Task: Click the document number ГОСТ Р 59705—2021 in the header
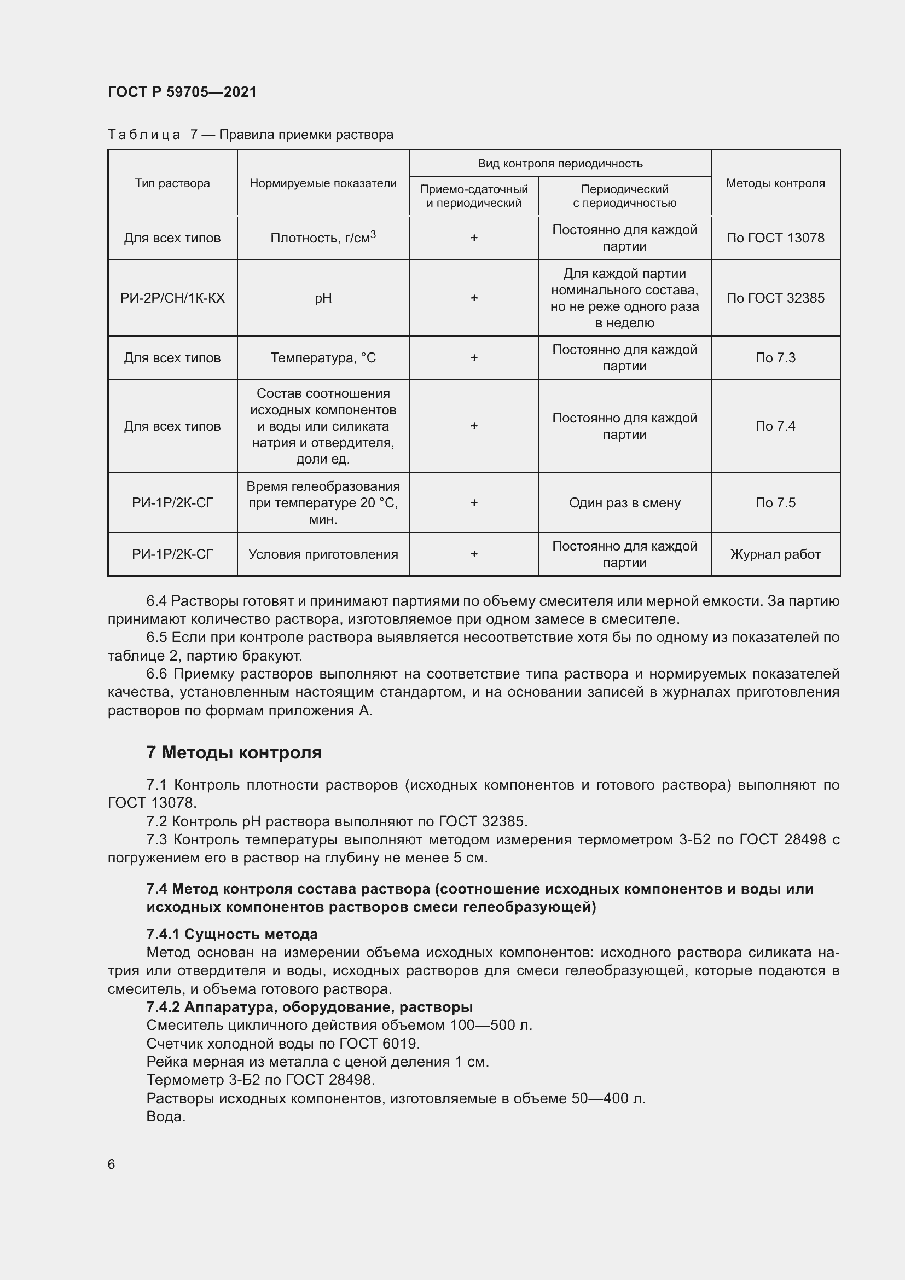pos(182,92)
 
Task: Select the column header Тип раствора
pos(172,183)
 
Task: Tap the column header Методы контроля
pos(775,183)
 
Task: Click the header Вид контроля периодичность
pos(560,163)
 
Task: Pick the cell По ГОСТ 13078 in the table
pos(775,238)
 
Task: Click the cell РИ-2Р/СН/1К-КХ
pos(172,298)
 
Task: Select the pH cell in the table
pos(323,298)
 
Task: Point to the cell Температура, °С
pos(323,358)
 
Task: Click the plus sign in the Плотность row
pos(474,238)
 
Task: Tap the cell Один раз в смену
pos(625,503)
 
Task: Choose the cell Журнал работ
pos(775,554)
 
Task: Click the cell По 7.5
pos(775,503)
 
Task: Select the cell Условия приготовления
pos(323,554)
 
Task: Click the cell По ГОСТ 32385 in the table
pos(775,298)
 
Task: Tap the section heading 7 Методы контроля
pos(234,752)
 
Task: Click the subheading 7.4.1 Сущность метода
pos(232,934)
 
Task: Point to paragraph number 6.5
pos(157,637)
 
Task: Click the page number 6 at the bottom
pos(112,1165)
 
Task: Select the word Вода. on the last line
pos(165,1117)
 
